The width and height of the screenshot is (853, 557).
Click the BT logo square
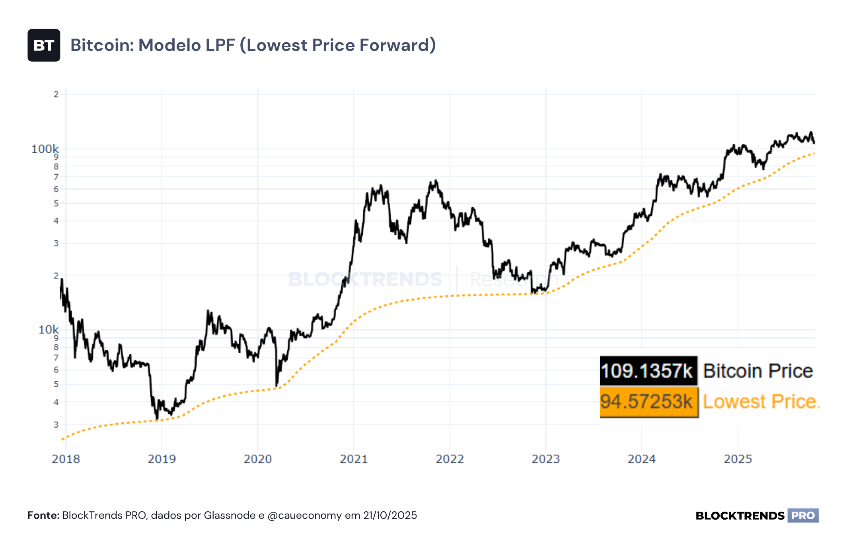click(44, 45)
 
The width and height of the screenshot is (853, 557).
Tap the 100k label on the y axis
click(45, 149)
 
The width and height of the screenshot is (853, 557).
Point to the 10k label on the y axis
click(49, 330)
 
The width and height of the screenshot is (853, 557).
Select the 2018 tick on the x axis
click(66, 459)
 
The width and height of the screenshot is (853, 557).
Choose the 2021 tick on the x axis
click(354, 459)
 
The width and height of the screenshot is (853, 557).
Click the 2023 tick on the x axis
click(546, 459)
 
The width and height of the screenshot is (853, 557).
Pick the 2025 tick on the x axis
click(738, 459)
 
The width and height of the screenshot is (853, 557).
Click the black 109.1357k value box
click(649, 371)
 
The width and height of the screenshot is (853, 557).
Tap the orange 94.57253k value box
click(649, 402)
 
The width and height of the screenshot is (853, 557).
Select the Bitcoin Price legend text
click(758, 371)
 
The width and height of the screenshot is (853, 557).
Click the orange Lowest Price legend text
click(761, 401)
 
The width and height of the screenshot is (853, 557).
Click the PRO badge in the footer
click(803, 516)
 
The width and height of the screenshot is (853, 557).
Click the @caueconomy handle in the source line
click(305, 516)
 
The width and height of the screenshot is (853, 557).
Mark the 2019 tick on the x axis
click(162, 459)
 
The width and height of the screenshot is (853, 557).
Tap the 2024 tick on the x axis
click(642, 459)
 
